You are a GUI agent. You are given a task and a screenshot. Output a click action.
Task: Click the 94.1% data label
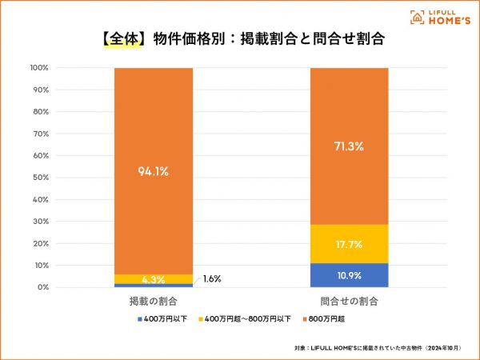(152, 170)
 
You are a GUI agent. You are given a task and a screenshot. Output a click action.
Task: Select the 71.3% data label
(349, 146)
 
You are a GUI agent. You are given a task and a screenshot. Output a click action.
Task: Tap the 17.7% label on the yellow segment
(349, 244)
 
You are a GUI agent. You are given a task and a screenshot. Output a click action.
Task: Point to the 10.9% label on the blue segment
(349, 275)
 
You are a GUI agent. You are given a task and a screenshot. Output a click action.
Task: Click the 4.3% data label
(152, 279)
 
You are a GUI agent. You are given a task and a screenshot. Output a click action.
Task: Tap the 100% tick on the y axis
(39, 68)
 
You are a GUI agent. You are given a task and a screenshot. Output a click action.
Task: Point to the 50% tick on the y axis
(41, 178)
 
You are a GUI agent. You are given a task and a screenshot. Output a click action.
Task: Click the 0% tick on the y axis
(43, 286)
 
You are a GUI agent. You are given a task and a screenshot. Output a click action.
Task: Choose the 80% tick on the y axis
(41, 112)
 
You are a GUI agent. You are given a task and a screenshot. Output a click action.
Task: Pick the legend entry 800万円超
(330, 319)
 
